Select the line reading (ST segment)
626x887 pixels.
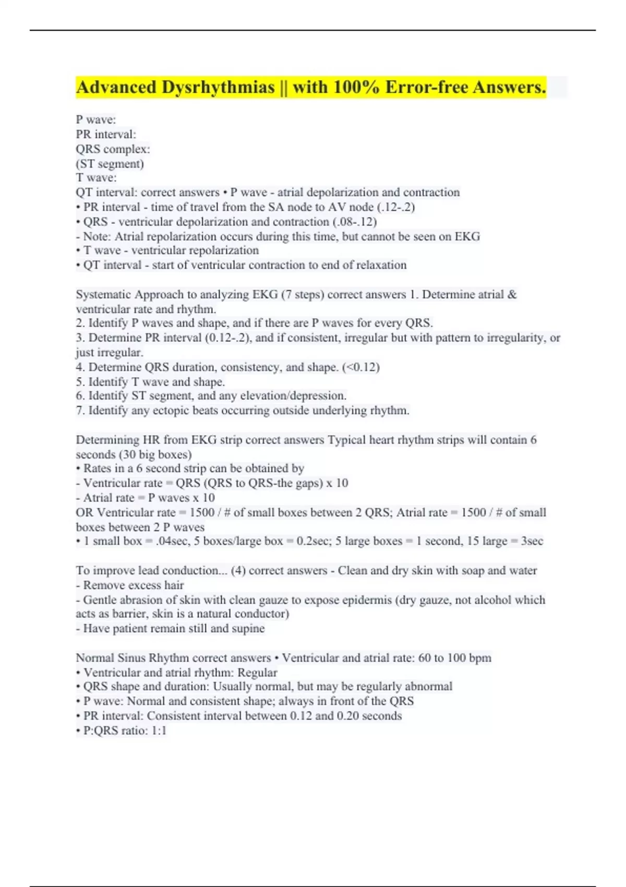pyautogui.click(x=110, y=164)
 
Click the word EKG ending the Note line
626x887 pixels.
pyautogui.click(x=467, y=236)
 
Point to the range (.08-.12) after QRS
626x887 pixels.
pyautogui.click(x=355, y=222)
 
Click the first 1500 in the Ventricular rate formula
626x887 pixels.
pyautogui.click(x=202, y=512)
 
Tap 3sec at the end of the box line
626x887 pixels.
pyautogui.click(x=532, y=541)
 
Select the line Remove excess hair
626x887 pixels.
pyautogui.click(x=133, y=585)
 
